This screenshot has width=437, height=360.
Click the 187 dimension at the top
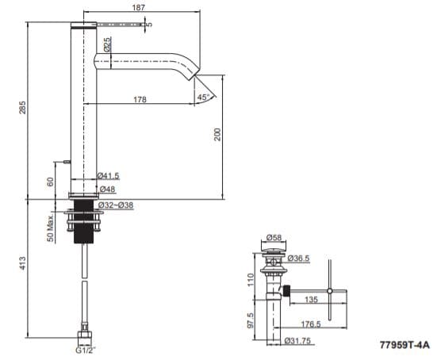139,7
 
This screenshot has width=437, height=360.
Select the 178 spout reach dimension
140,99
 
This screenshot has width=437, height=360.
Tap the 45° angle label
204,98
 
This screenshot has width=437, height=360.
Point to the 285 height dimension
23,106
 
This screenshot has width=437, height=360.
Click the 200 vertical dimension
217,136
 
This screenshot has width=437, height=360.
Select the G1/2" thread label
84,348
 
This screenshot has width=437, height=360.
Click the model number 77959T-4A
404,347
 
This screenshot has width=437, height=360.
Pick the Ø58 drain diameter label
275,237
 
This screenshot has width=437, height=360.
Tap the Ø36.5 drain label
299,258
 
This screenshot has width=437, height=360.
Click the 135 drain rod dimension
311,301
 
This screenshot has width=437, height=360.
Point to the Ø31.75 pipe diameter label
296,342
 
